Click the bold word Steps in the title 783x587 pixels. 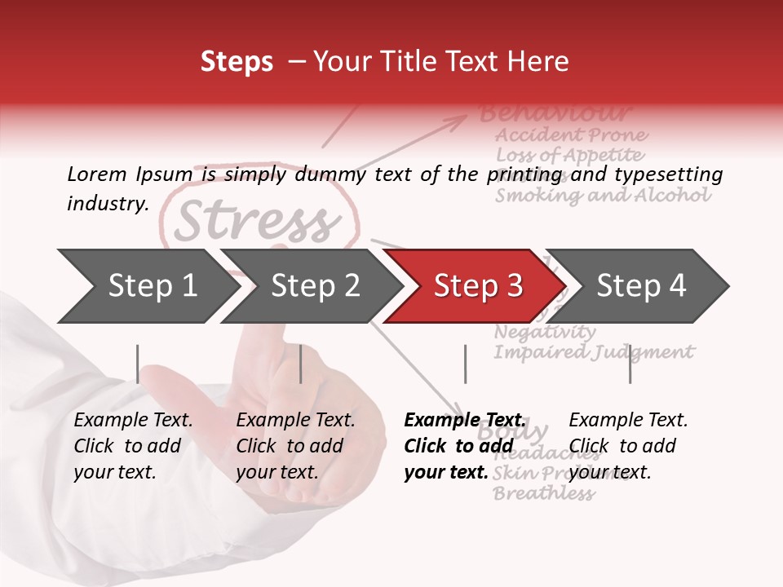click(x=237, y=62)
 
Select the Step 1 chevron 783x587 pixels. click(x=147, y=286)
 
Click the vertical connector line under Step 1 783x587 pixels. click(x=138, y=364)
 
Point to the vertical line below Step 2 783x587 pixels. click(x=301, y=364)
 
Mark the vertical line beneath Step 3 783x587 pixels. click(x=465, y=364)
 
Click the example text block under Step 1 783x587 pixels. click(x=133, y=446)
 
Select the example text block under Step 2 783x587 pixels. click(x=295, y=446)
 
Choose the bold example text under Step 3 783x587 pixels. click(x=465, y=446)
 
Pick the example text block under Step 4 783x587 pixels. click(x=628, y=446)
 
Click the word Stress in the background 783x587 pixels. click(x=257, y=221)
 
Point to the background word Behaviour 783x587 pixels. click(x=555, y=113)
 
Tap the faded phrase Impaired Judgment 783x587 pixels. click(x=594, y=352)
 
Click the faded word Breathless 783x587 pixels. click(x=543, y=493)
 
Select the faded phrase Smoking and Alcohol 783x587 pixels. click(x=603, y=196)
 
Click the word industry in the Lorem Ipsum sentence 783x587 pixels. click(x=107, y=204)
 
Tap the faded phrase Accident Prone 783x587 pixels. click(x=571, y=135)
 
